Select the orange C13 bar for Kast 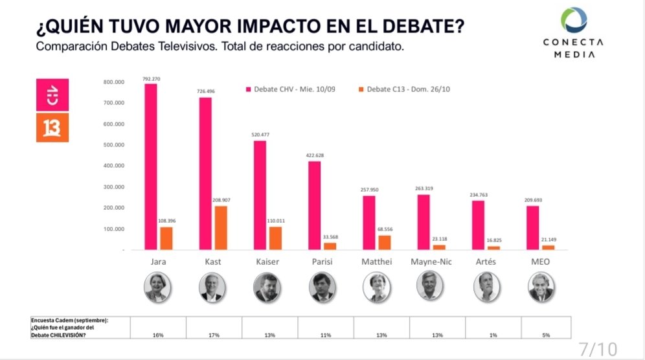tap(221, 227)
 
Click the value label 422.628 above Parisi tap(313, 155)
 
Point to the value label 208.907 tap(221, 200)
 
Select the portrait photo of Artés tap(487, 287)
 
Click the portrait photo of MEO tap(542, 287)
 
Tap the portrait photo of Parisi tap(322, 287)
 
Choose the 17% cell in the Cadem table tap(214, 335)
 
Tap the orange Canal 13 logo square tap(51, 128)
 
